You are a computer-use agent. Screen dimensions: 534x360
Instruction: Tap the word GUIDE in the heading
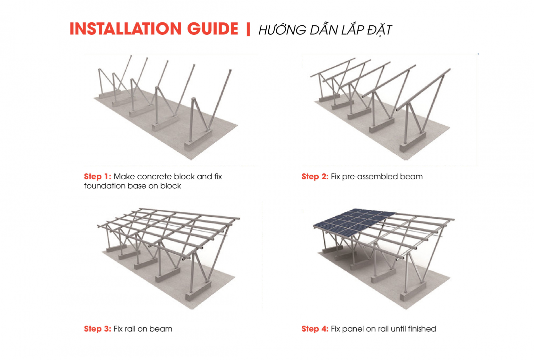click(213, 29)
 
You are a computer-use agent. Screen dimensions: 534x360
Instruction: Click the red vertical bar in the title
click(248, 29)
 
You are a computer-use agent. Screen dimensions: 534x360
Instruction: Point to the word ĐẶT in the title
click(379, 30)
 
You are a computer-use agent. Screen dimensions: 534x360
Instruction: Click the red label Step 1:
click(97, 177)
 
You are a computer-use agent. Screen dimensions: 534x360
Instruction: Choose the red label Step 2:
click(315, 177)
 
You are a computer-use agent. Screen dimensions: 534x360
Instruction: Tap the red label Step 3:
click(97, 329)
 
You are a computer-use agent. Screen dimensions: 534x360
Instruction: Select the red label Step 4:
click(315, 329)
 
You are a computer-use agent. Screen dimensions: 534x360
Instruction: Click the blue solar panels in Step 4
click(354, 221)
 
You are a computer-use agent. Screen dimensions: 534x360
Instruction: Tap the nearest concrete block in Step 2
click(413, 142)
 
